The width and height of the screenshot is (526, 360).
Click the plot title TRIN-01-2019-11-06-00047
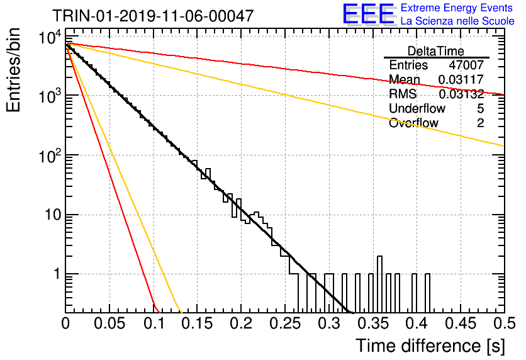point(153,16)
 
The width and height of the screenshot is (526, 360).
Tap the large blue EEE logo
point(369,14)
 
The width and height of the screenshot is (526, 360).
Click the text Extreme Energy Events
point(457,8)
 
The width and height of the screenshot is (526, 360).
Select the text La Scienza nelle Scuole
point(457,21)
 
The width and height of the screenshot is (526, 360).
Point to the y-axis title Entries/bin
point(13,70)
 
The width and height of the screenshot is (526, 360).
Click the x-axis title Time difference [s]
point(430,346)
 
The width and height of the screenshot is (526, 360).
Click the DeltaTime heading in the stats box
point(436,51)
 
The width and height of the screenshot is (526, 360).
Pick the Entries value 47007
point(466,65)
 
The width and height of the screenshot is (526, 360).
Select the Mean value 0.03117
point(461,79)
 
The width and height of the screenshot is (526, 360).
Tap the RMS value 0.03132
point(461,94)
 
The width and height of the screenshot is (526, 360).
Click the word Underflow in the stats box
point(417,108)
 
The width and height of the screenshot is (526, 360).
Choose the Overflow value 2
point(480,123)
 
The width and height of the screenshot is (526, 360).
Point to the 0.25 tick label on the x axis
point(285,323)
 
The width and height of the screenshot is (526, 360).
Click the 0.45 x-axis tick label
point(461,323)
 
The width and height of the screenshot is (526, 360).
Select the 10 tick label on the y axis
point(53,215)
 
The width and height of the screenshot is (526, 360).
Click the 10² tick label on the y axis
point(50,155)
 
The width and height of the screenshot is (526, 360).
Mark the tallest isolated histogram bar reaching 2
point(380,284)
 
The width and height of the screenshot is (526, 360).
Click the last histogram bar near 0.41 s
point(427,293)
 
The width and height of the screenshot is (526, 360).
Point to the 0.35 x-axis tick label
point(373,323)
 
